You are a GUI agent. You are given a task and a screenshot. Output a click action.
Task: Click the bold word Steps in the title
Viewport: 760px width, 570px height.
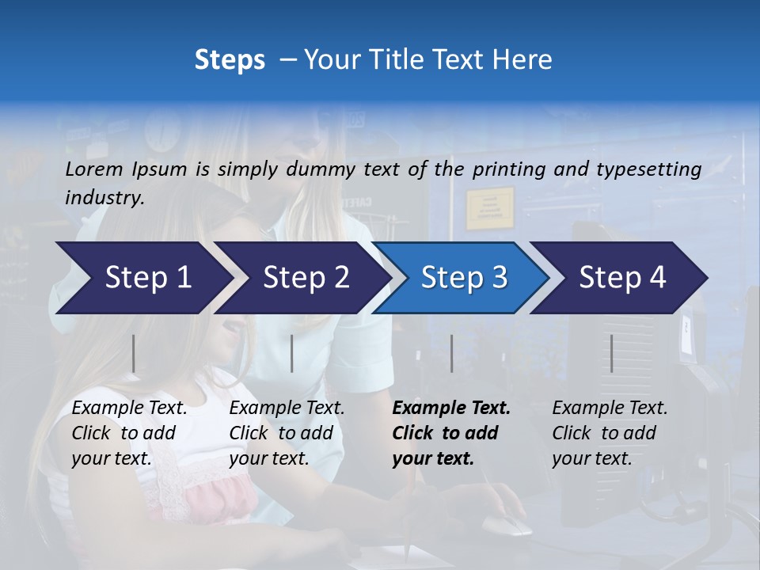point(230,60)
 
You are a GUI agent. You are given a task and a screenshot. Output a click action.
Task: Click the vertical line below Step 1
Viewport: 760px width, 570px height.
point(134,353)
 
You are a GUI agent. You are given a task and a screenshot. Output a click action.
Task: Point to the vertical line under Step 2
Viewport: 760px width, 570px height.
point(292,353)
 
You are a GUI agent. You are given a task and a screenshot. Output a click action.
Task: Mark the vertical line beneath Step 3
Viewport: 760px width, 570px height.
point(452,353)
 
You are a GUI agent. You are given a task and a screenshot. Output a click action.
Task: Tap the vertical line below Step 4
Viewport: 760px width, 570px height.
point(612,353)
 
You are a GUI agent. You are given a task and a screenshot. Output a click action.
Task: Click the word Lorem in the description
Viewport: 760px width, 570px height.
point(94,169)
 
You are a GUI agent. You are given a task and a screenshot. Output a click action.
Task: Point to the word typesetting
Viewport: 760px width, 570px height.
point(648,169)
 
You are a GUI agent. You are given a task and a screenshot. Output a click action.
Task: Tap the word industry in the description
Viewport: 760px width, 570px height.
point(104,198)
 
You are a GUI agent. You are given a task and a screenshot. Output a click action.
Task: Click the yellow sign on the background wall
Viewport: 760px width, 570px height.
point(489,208)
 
